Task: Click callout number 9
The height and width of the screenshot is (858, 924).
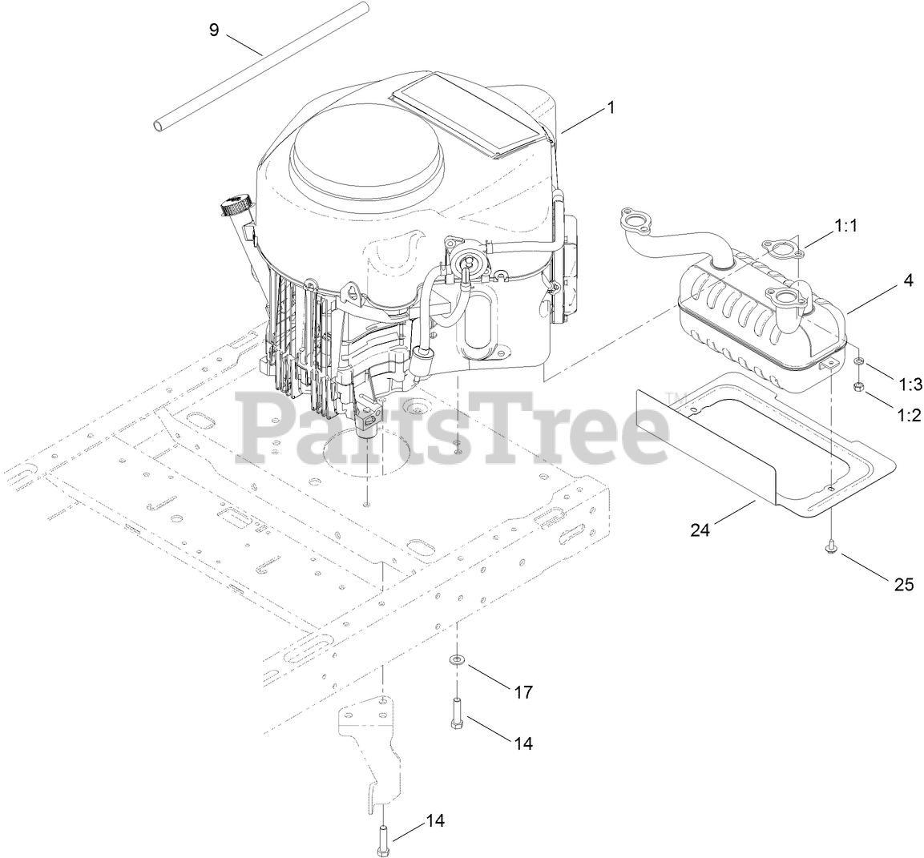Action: pos(213,30)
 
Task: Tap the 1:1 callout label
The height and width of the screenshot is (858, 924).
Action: pos(845,227)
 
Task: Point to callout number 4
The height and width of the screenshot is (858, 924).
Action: pos(908,280)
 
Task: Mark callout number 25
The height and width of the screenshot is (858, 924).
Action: pos(904,584)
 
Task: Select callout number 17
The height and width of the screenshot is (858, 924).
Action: pos(523,691)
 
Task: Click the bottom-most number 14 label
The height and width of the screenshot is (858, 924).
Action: pos(434,820)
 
